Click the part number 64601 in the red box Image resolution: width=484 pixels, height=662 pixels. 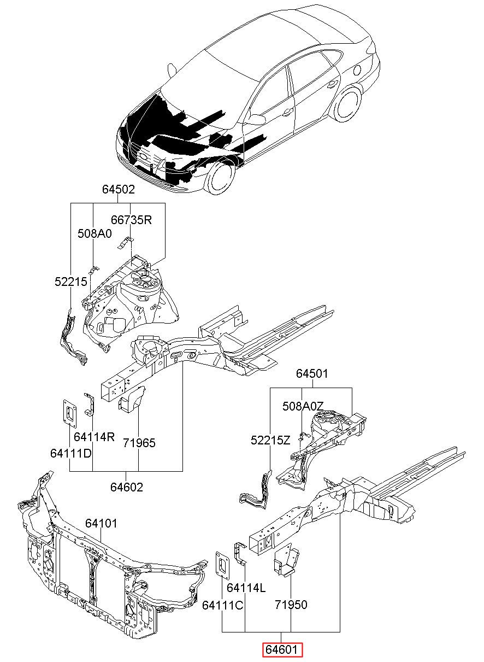click(x=281, y=649)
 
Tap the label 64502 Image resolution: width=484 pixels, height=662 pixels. click(x=119, y=189)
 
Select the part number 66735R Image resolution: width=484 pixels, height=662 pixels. click(x=131, y=220)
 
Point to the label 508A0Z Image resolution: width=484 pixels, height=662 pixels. click(x=303, y=406)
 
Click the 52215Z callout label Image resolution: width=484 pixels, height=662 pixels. click(x=270, y=441)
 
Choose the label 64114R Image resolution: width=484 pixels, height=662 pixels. click(x=94, y=437)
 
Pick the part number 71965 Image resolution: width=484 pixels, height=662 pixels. click(x=139, y=443)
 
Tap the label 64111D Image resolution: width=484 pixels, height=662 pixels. click(x=71, y=453)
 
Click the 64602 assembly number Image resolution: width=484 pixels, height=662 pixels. click(x=127, y=487)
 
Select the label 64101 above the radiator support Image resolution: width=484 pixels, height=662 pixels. click(x=101, y=524)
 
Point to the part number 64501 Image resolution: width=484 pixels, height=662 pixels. click(x=312, y=373)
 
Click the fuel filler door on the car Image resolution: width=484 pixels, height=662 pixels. click(x=357, y=70)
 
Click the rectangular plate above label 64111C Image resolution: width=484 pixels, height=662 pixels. click(x=223, y=564)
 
